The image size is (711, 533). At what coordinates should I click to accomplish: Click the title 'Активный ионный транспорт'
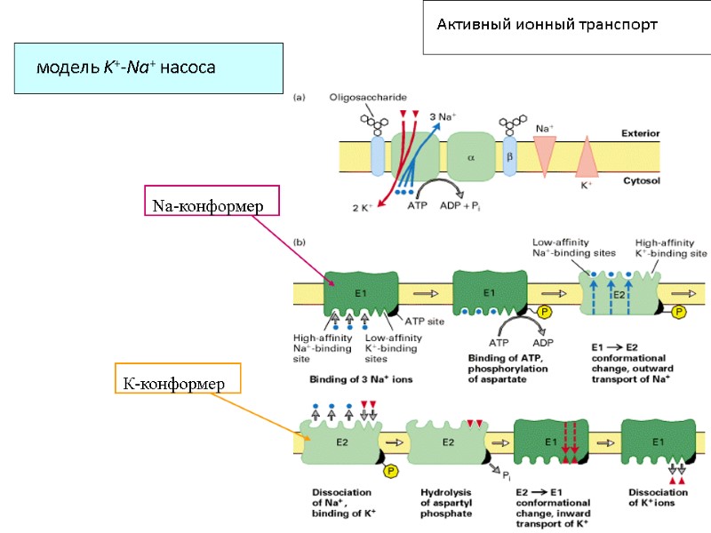(x=547, y=25)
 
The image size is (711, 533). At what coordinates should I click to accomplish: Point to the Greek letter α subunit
(x=471, y=157)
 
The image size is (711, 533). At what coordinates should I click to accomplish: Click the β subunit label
(x=510, y=156)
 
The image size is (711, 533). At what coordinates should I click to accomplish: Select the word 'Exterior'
(x=640, y=134)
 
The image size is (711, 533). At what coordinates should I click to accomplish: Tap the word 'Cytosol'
(x=641, y=180)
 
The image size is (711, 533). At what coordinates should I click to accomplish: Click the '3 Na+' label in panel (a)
(x=443, y=116)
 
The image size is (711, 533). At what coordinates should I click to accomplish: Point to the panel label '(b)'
(x=300, y=242)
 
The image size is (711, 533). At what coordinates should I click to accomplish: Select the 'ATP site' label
(x=424, y=321)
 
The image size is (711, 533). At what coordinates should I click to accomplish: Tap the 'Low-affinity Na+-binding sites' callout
(x=573, y=247)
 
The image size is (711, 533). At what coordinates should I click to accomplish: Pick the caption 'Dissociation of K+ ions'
(x=658, y=497)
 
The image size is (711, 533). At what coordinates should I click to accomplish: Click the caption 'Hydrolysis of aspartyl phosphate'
(x=446, y=503)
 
